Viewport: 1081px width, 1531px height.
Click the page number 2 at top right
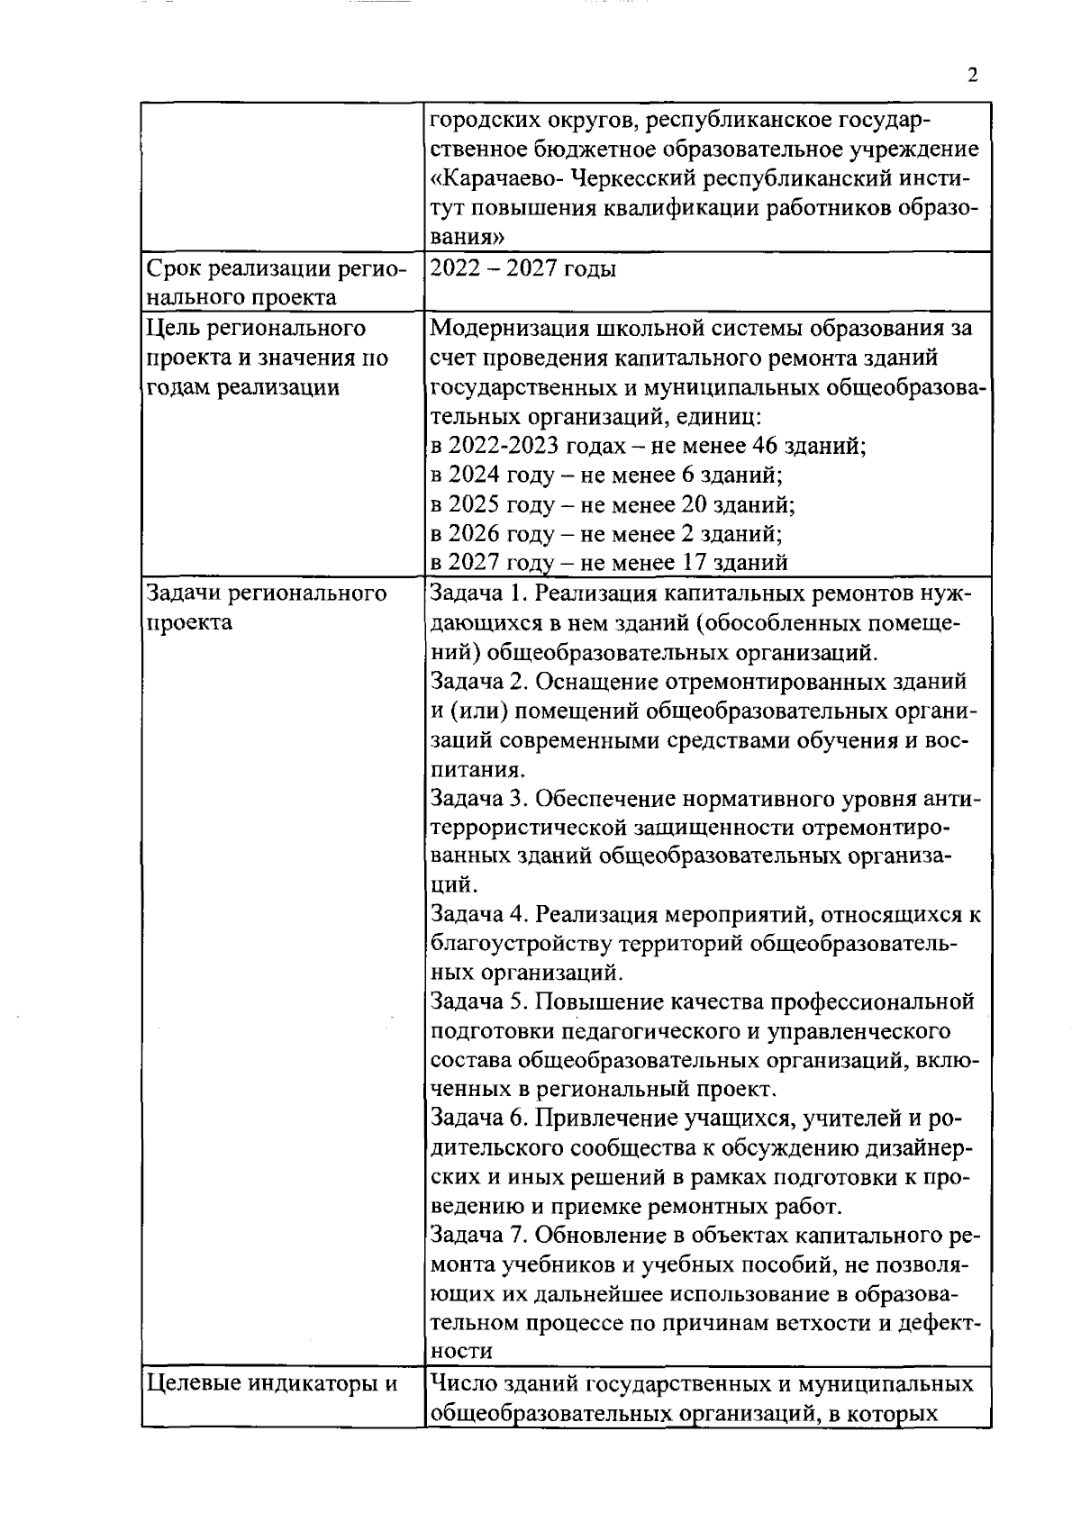pyautogui.click(x=972, y=77)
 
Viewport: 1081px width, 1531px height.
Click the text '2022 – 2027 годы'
pyautogui.click(x=523, y=268)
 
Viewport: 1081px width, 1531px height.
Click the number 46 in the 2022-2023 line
pyautogui.click(x=767, y=445)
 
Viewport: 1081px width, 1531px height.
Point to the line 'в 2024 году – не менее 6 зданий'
pyautogui.click(x=606, y=475)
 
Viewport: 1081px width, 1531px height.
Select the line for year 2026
pyautogui.click(x=606, y=533)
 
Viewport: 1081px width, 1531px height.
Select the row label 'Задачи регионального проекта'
pyautogui.click(x=267, y=607)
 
